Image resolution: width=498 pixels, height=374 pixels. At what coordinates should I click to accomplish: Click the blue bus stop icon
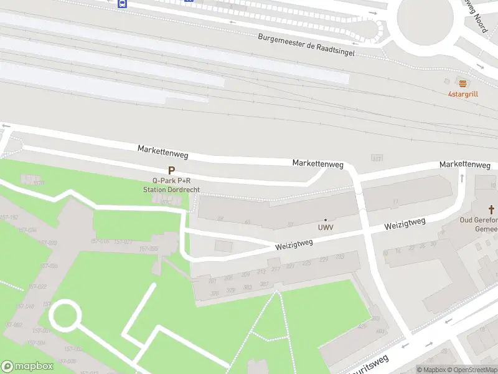coord(123,3)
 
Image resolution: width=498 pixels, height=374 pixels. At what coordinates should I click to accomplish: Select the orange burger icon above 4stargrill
coord(462,83)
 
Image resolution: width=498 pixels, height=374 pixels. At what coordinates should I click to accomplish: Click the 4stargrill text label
coord(463,94)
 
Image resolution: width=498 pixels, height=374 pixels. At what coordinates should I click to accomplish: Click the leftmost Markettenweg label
coord(162,151)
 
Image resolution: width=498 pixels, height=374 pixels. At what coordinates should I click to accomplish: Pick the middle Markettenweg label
coord(318,164)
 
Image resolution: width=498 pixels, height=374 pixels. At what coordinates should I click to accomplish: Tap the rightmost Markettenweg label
coord(464,164)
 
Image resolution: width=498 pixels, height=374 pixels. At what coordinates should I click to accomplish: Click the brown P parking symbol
coord(171,170)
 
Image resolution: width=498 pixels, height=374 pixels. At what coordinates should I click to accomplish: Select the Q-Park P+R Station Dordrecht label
coord(171,185)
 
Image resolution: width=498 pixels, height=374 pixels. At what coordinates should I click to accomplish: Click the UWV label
coord(326,228)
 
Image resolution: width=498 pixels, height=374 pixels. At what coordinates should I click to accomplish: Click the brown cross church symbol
coord(491,209)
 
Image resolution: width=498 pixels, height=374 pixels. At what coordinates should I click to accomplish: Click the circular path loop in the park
coord(65,315)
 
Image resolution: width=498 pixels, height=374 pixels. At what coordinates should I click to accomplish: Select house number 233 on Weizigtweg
coord(340,257)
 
